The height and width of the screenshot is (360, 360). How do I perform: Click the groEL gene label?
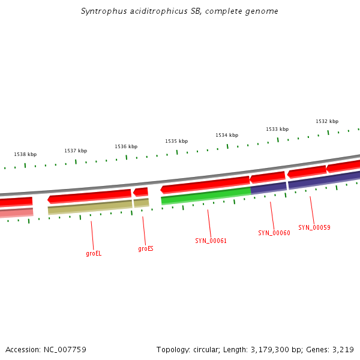click(94, 253)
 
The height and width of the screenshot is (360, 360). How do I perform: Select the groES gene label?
click(146, 248)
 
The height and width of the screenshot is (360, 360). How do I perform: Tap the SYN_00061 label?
click(211, 241)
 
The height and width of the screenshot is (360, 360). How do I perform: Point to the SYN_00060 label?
click(274, 233)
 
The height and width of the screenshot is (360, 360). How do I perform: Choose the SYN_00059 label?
click(314, 227)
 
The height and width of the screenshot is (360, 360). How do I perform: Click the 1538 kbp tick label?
click(25, 154)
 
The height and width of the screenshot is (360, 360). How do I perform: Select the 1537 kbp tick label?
click(76, 151)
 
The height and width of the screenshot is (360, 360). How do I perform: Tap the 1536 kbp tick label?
click(126, 146)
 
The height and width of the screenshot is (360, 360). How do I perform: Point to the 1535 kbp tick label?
click(176, 141)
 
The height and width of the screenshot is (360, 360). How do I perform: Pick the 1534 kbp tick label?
click(227, 135)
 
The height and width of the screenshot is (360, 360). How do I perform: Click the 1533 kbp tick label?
click(277, 129)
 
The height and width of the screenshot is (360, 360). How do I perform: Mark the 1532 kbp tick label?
click(327, 121)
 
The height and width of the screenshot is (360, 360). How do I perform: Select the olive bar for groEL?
click(90, 206)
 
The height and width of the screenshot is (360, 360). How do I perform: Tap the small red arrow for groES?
click(141, 192)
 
